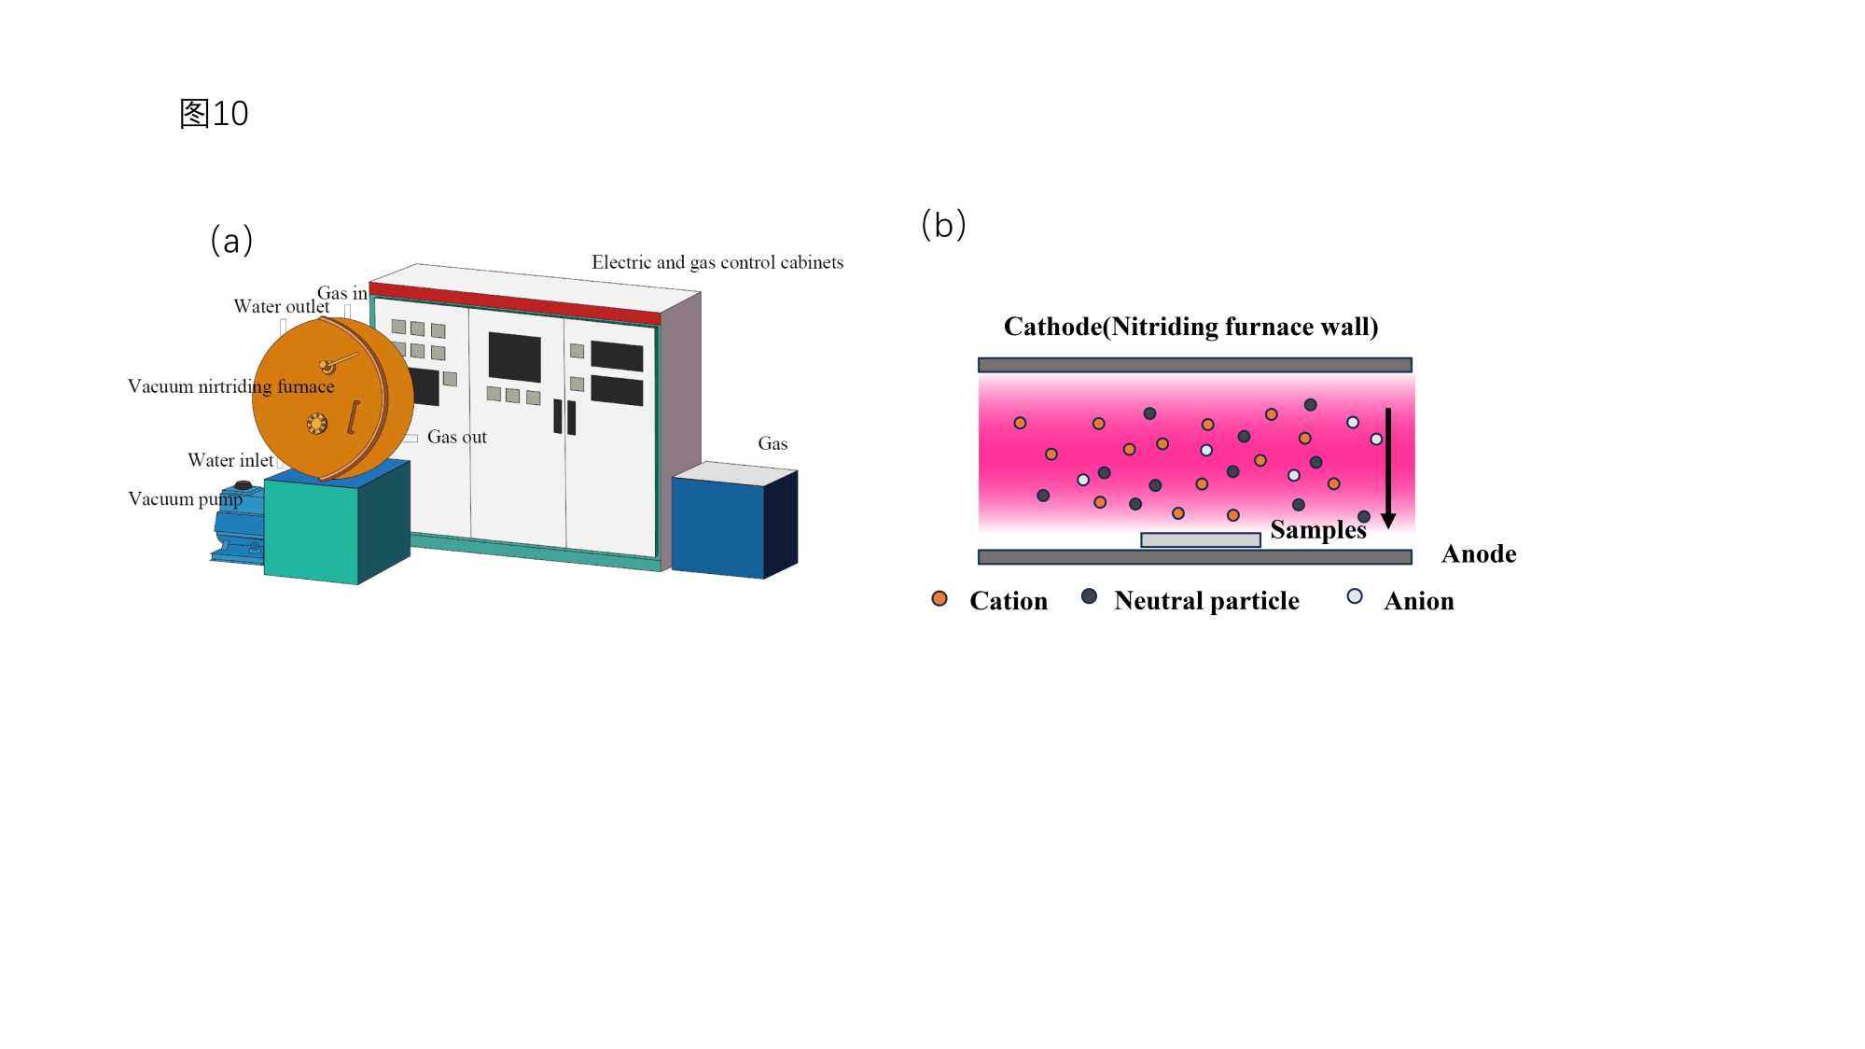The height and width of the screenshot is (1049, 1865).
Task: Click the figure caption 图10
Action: click(214, 114)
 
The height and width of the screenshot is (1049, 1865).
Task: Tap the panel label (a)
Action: click(231, 241)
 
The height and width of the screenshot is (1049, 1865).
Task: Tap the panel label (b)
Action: click(943, 225)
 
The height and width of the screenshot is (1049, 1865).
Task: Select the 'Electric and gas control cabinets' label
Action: click(717, 262)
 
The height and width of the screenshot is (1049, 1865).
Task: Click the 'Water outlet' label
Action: click(281, 306)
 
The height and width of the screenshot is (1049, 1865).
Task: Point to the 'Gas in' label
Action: click(341, 293)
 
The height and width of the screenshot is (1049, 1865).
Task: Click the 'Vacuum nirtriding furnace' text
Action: click(230, 386)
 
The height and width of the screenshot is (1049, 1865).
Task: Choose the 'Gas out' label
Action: click(456, 437)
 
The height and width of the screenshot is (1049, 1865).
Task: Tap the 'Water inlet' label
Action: click(230, 460)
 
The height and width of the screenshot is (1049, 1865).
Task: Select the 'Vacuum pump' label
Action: click(185, 498)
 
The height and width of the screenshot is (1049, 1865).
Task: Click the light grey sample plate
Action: click(1200, 539)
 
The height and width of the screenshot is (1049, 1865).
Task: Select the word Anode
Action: click(1479, 554)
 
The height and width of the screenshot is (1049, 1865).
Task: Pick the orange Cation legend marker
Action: click(939, 598)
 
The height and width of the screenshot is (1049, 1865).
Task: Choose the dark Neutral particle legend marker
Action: click(1089, 596)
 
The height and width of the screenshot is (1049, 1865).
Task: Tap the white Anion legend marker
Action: click(1355, 596)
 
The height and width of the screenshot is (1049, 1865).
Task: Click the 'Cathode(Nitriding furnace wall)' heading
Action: click(1190, 327)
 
